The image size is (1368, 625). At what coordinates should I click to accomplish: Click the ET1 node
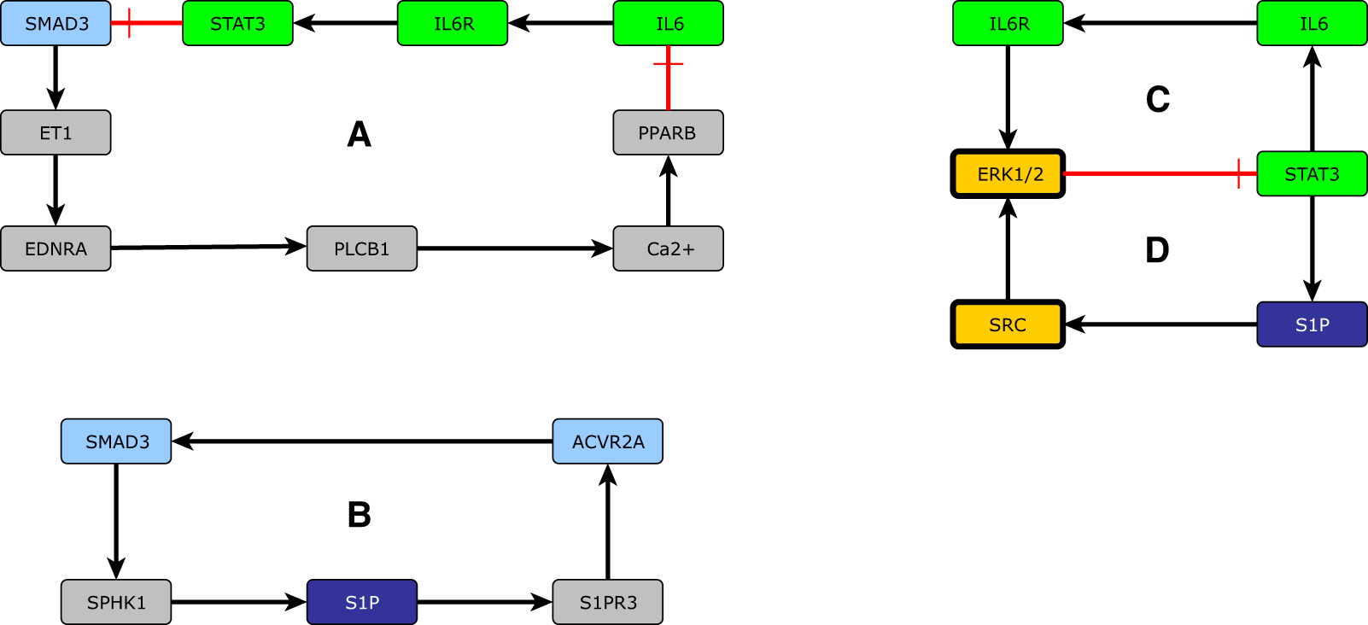[56, 132]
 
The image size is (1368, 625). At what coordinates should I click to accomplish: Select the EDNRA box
[56, 248]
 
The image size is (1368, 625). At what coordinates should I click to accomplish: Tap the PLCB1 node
[361, 248]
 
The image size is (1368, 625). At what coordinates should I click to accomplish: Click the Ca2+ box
[668, 248]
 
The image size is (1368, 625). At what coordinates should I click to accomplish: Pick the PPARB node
[668, 132]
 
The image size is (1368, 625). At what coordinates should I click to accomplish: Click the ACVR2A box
[607, 441]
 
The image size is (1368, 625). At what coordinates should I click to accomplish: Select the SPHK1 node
[116, 602]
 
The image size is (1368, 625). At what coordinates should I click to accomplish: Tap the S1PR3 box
[607, 602]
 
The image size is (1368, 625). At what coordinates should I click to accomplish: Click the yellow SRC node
[1008, 324]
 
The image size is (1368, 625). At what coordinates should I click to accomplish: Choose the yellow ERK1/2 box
[1008, 174]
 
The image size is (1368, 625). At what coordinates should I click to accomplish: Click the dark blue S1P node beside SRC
[1312, 324]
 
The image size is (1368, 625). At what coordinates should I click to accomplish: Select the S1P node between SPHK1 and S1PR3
[361, 602]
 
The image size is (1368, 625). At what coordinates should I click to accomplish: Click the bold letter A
[360, 134]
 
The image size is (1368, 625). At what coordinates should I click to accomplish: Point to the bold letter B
[360, 515]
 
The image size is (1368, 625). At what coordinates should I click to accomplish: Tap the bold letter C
[1157, 100]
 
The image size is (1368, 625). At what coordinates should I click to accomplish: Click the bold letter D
[1157, 250]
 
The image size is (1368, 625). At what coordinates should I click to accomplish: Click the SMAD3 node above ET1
[56, 23]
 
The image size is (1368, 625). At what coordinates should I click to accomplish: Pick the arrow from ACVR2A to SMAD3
[362, 441]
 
